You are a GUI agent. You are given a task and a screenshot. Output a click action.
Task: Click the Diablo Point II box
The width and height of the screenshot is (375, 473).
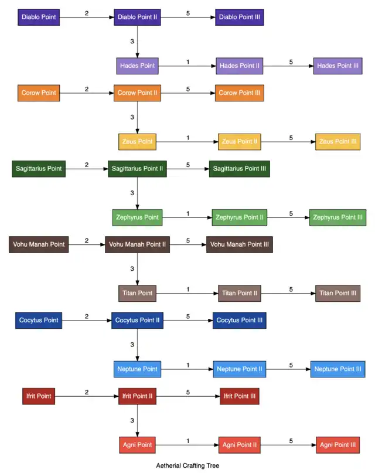coord(138,17)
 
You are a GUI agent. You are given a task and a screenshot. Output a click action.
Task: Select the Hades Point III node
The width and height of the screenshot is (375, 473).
coord(337,66)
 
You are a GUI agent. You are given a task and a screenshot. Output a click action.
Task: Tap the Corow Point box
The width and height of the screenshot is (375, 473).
coord(39,93)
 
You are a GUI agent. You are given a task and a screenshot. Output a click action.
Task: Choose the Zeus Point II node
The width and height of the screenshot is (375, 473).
coord(239,141)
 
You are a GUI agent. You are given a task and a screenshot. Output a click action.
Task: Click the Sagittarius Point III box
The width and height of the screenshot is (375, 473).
coord(239,169)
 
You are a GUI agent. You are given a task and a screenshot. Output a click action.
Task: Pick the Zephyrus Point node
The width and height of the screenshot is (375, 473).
coord(137,217)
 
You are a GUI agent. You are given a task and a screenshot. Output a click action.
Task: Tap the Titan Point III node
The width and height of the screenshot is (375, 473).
coord(337,293)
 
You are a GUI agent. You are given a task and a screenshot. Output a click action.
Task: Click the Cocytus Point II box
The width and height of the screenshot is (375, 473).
coord(137,320)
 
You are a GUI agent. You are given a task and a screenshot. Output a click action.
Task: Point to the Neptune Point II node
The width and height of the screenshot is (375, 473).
coord(239,369)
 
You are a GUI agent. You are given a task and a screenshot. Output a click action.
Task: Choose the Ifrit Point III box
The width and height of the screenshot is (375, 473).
coord(239,396)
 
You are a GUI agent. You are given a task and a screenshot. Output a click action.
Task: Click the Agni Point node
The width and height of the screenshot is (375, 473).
coord(137,445)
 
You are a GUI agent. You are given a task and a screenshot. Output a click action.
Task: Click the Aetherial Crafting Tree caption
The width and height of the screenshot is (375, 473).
coord(187,466)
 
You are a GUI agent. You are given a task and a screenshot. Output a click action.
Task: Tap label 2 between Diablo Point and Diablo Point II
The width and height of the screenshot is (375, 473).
coord(87,13)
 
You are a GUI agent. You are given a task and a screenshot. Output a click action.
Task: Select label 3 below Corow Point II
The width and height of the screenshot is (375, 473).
coord(132,117)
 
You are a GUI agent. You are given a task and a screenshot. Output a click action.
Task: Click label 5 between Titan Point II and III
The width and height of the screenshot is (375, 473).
coord(291,289)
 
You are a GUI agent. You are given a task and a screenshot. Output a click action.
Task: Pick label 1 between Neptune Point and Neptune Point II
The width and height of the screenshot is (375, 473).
coord(187,365)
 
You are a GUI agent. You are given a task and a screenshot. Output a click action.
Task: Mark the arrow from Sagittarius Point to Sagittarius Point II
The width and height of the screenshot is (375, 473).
coord(87,169)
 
